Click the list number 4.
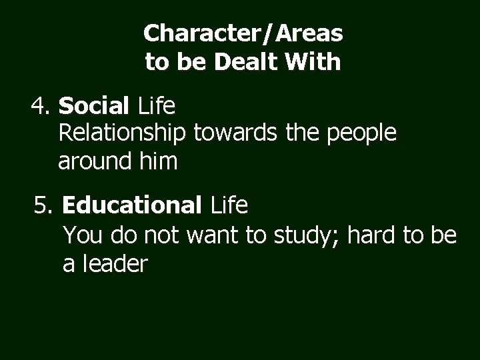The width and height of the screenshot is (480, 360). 41,105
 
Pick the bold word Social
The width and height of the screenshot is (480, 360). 95,105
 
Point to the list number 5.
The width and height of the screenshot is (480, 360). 45,207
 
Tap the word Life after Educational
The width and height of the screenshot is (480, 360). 229,207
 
